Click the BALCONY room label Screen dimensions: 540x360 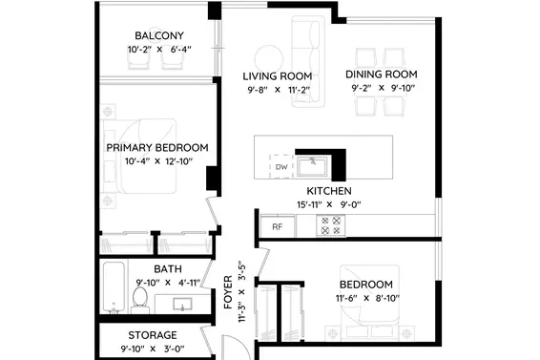coord(159,35)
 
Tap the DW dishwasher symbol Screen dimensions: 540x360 coord(281,166)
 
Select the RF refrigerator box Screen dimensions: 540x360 coord(278,226)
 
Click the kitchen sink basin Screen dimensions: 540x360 coord(312,166)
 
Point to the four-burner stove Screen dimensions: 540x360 coord(331,225)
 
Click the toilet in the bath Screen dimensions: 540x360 coord(140,300)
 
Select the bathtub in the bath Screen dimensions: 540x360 coord(114,288)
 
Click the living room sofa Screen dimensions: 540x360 coord(308,61)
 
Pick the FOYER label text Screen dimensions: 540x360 coord(228,292)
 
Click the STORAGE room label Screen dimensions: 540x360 coord(153,335)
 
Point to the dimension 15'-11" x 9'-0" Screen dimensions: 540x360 coord(329,204)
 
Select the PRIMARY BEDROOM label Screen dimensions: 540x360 coord(157,148)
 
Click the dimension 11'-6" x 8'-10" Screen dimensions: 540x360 coord(367,298)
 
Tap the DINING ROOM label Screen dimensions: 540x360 coord(382,74)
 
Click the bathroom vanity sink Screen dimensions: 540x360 coord(182,304)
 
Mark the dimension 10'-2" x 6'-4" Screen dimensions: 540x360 coord(159,50)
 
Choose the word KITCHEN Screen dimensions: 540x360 coord(329,191)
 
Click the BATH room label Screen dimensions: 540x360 coord(168,269)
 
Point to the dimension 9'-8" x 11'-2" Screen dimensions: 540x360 coord(279,90)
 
